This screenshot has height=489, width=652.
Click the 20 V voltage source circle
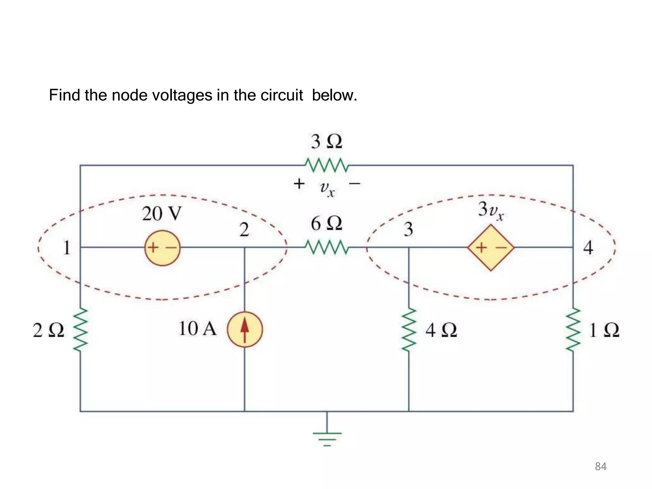[x=162, y=248]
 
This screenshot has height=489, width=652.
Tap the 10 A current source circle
[x=245, y=330]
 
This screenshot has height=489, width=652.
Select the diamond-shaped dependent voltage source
[x=491, y=248]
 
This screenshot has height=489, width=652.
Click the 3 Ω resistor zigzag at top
[x=327, y=165]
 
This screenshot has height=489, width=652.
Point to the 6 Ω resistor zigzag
[x=327, y=247]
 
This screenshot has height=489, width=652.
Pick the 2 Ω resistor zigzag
[x=80, y=330]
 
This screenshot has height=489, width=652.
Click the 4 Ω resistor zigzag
[x=409, y=330]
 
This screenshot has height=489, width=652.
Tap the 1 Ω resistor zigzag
[x=573, y=330]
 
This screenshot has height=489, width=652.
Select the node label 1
[x=67, y=248]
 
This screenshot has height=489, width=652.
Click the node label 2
[x=244, y=230]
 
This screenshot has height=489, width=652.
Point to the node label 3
[x=408, y=229]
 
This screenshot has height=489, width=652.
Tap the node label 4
[x=588, y=248]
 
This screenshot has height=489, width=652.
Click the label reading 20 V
[x=162, y=214]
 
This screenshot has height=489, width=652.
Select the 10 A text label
[x=197, y=329]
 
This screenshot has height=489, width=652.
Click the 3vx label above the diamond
[x=491, y=210]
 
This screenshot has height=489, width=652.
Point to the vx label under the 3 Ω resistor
[x=327, y=188]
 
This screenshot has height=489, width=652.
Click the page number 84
[x=600, y=466]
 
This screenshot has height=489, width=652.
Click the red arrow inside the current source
[x=244, y=330]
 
